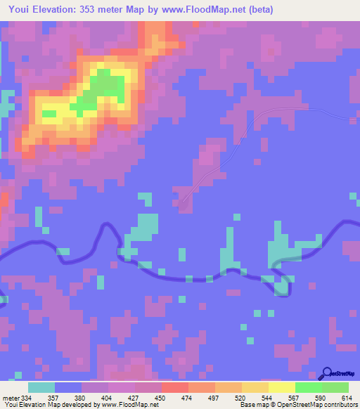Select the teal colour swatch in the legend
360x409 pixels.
point(41,387)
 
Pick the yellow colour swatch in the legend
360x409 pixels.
point(281,387)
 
